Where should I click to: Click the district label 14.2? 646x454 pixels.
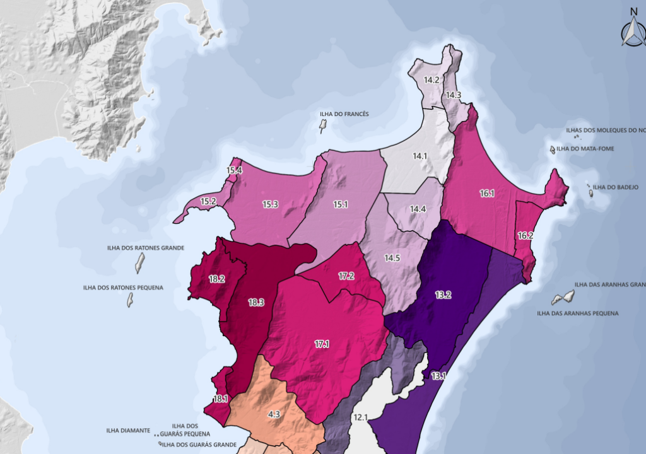[x=432, y=80]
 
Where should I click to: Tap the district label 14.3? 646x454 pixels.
[x=454, y=95]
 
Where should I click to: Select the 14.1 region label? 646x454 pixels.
[x=420, y=156]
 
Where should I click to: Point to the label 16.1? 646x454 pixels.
[x=487, y=194]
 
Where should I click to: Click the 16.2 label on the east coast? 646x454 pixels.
[x=526, y=236]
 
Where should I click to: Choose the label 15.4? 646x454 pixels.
[x=235, y=170]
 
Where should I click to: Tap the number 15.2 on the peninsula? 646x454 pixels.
[x=208, y=202]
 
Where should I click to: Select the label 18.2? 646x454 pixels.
[x=217, y=279]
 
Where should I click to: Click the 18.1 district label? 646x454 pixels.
[x=220, y=399]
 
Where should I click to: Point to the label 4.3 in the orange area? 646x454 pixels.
[x=274, y=414]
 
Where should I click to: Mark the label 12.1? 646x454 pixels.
[x=360, y=417]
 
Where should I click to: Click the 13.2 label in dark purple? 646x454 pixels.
[x=443, y=294]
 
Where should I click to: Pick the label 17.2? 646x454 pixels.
[x=346, y=276]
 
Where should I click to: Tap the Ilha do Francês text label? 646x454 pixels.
[x=344, y=114]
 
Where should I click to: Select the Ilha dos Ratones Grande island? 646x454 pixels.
[x=139, y=262]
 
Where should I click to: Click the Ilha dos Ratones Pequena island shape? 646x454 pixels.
[x=131, y=299]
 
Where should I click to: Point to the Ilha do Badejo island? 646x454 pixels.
[x=591, y=194]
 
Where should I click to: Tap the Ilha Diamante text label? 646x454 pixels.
[x=128, y=431]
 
